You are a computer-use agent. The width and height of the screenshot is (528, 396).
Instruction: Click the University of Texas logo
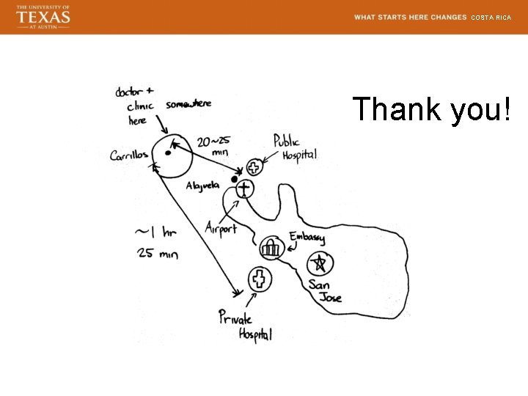coord(43,16)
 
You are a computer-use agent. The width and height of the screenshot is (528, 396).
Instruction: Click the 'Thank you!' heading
coord(431,109)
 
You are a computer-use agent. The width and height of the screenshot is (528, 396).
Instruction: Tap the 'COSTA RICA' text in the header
coord(491,17)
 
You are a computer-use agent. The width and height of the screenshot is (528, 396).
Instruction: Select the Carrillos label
coord(129,155)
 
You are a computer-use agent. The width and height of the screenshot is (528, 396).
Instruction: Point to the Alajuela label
coord(202,186)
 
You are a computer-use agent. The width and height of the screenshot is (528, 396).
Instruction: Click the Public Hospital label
coord(295,147)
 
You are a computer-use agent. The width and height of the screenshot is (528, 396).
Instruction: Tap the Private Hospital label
coord(245,326)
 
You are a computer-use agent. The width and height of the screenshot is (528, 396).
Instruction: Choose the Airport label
coord(221,227)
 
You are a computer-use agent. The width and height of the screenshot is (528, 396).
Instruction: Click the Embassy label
coord(307,238)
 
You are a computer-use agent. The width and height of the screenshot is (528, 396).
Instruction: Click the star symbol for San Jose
coord(319,263)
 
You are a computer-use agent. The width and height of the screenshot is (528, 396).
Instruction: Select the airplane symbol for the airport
coord(243,188)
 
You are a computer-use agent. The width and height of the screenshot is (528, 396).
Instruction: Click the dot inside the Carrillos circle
coord(168,153)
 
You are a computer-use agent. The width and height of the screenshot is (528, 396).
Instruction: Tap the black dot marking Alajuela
coord(235,179)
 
